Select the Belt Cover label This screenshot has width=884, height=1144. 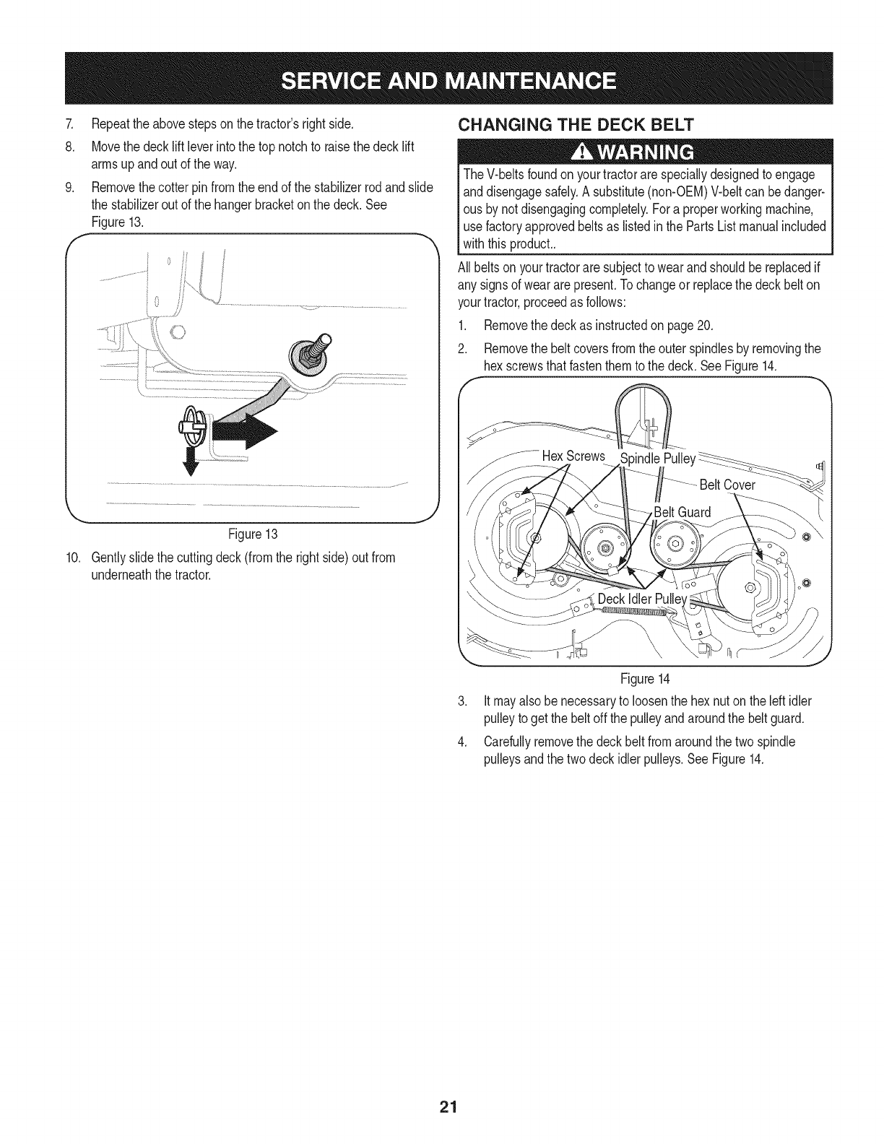(x=727, y=485)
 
